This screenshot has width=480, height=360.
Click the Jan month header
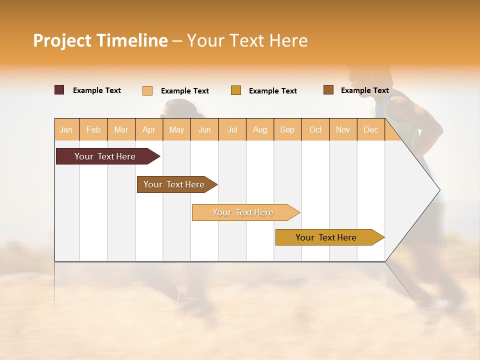pos(66,129)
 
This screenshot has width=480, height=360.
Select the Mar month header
pos(121,129)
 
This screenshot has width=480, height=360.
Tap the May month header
pos(176,129)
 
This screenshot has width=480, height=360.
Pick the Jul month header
pos(232,129)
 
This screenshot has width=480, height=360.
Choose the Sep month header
pos(287,129)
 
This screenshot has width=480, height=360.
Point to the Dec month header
pos(370,129)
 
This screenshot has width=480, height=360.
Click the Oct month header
pos(315,129)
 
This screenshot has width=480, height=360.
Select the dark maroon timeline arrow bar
pos(105,156)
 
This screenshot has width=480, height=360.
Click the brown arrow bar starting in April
pos(174,184)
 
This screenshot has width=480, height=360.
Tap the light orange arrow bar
pos(243,212)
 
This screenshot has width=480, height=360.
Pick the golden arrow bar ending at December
pos(326,237)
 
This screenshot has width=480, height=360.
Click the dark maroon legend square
pos(59,90)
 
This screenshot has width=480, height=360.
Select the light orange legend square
pos(147,90)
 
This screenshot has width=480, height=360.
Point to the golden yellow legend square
pos(236,90)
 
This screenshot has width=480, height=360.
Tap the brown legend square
pos(328,90)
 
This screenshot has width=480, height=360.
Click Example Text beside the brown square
pos(364,90)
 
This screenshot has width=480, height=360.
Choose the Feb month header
pos(93,129)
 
